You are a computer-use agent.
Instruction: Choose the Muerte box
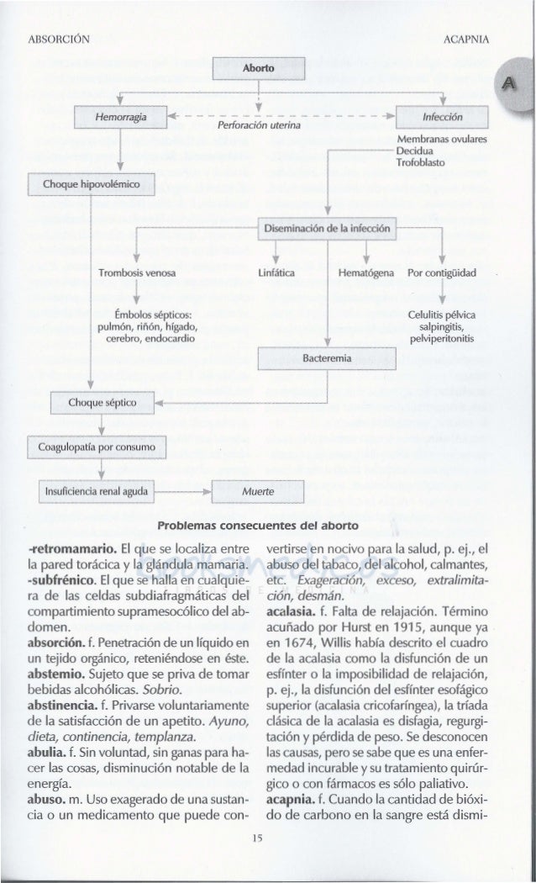(256, 490)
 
